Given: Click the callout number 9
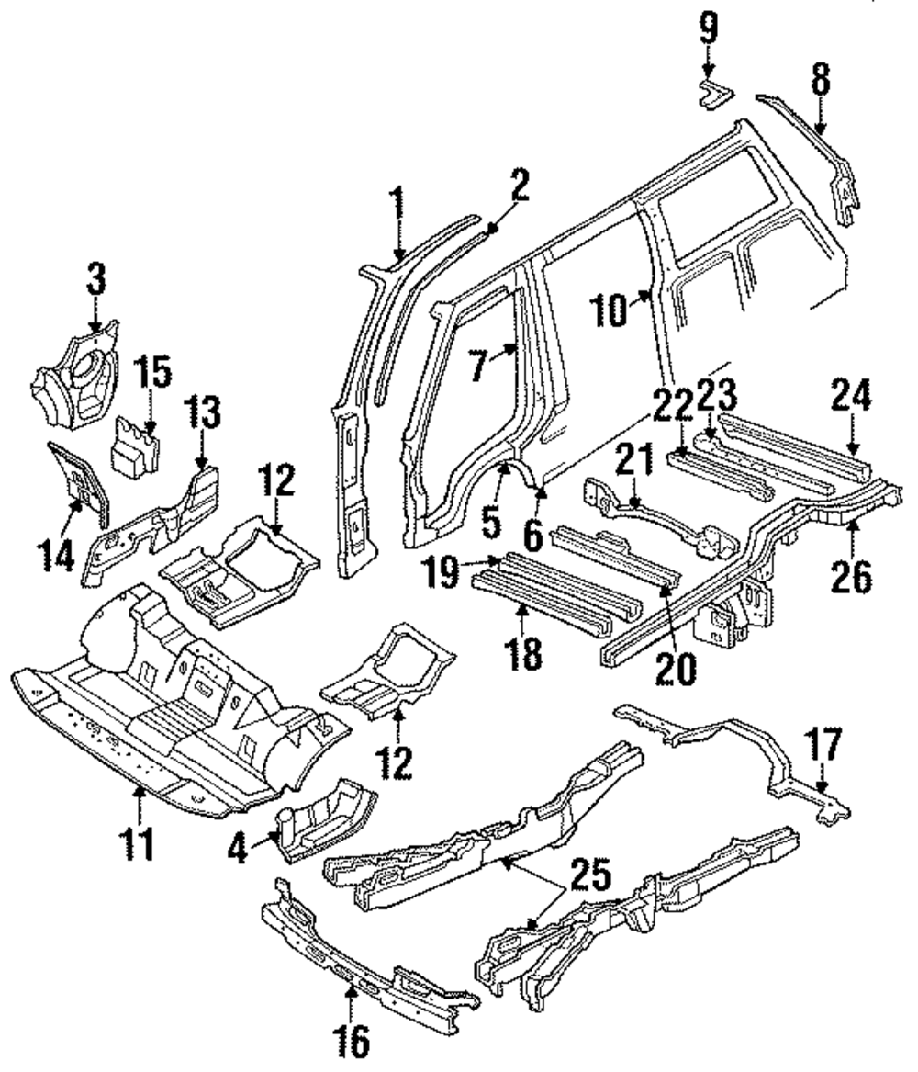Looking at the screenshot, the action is (x=708, y=29).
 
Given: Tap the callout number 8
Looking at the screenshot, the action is (x=821, y=79).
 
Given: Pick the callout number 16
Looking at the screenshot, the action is (x=353, y=1042).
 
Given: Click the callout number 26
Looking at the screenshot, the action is (x=852, y=576).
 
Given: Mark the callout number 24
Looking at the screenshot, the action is (x=851, y=396).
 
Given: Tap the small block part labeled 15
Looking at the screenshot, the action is (x=136, y=446).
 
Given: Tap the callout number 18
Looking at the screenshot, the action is (x=522, y=654).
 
